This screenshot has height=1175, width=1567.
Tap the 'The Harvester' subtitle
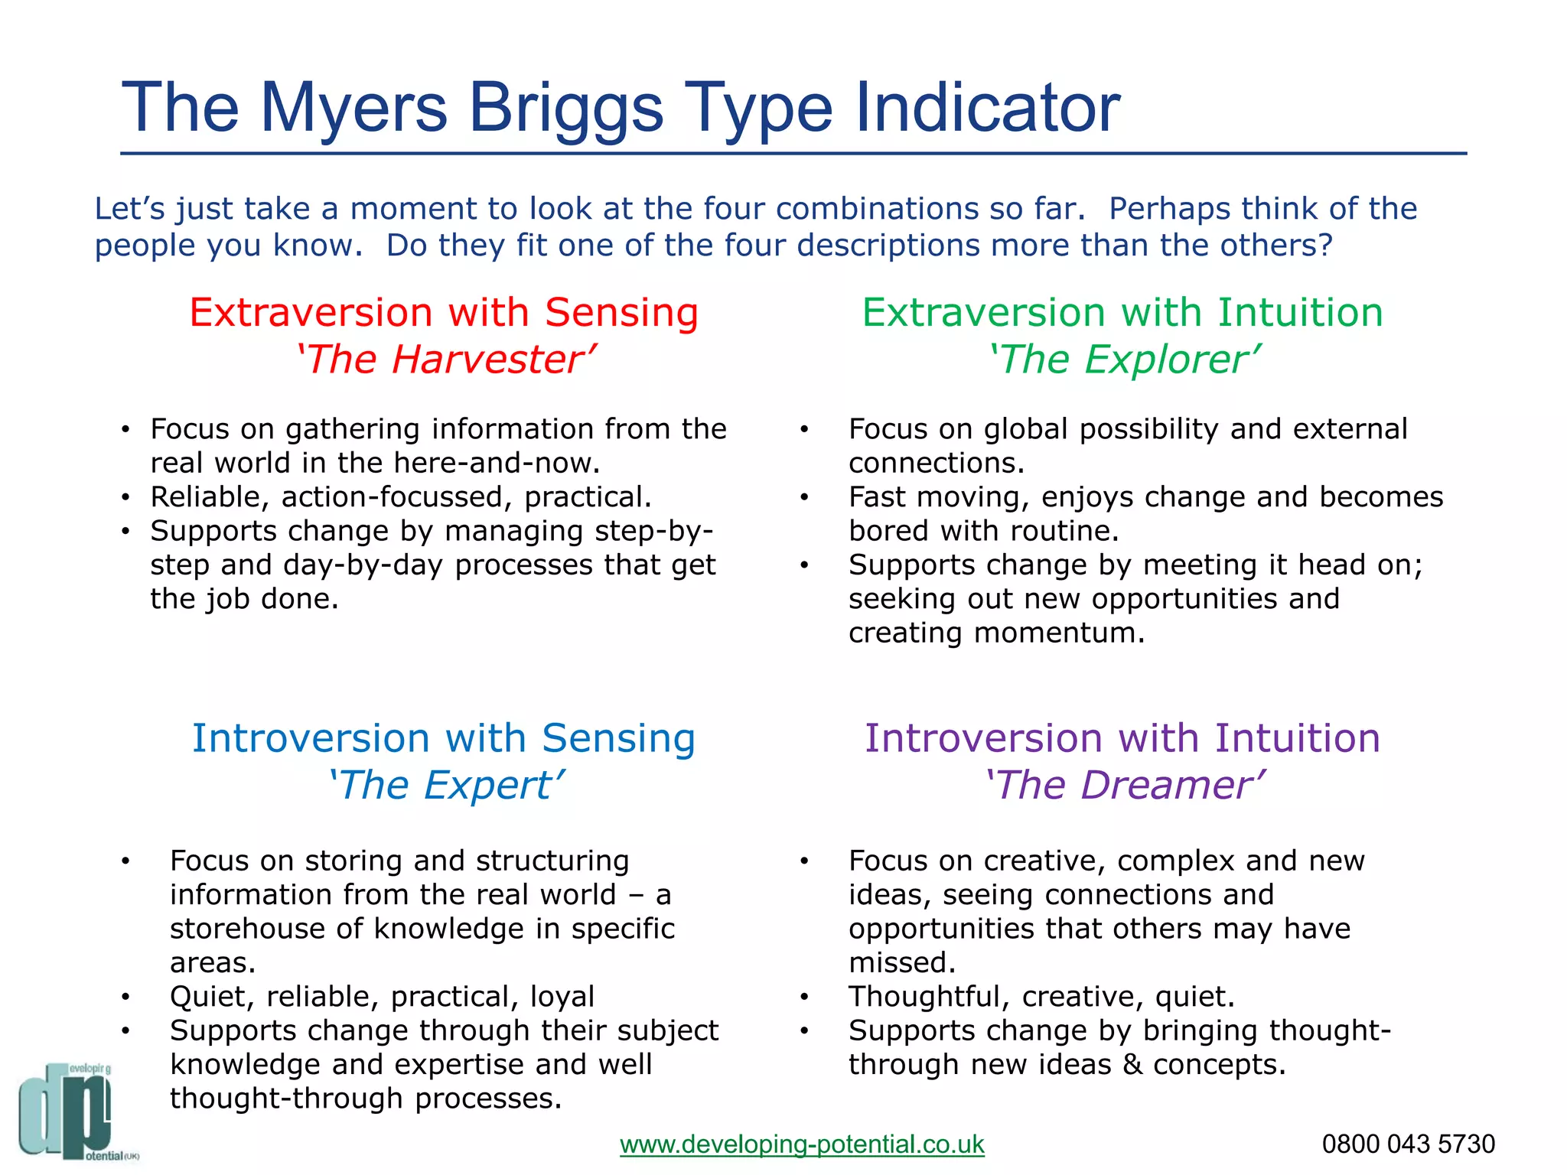(445, 360)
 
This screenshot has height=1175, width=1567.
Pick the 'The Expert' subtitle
(445, 786)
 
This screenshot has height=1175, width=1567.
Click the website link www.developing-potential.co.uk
(801, 1144)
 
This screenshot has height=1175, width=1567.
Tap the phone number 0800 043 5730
(1408, 1144)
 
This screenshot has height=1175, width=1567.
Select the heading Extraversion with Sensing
(444, 313)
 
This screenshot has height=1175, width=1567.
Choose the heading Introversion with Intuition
(1122, 739)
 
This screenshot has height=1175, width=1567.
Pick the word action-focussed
(396, 497)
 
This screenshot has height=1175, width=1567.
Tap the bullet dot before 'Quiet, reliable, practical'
(125, 997)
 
